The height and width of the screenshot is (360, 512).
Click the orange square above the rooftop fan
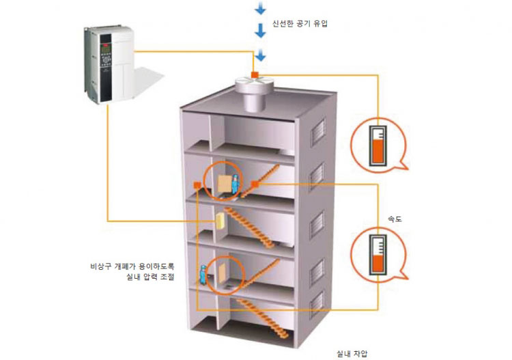click(x=254, y=73)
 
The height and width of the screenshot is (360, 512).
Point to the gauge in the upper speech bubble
click(x=376, y=144)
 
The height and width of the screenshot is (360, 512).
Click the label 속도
click(x=395, y=219)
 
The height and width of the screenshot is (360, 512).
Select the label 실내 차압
click(x=352, y=354)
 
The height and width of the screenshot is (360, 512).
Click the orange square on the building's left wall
click(x=196, y=184)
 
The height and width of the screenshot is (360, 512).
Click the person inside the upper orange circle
click(x=236, y=182)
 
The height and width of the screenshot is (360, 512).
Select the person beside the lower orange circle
click(x=203, y=274)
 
